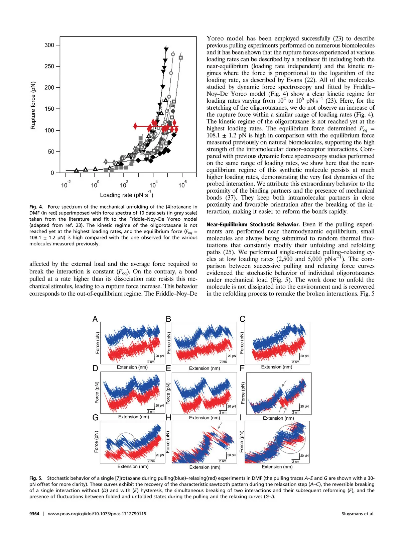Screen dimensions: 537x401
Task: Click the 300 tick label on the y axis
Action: click(x=49, y=45)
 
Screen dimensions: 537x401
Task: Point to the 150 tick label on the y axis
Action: click(x=49, y=109)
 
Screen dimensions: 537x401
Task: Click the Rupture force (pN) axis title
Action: click(x=33, y=106)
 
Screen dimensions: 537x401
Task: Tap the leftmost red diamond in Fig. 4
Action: click(x=135, y=126)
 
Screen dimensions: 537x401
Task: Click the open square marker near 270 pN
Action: click(x=181, y=58)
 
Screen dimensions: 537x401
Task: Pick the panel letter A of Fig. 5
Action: click(x=95, y=319)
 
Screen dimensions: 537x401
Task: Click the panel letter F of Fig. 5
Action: click(x=242, y=368)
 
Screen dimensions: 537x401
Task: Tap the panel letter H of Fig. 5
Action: click(x=168, y=418)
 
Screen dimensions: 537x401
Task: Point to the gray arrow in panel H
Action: click(x=220, y=425)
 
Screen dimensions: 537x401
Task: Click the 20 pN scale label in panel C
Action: click(x=304, y=356)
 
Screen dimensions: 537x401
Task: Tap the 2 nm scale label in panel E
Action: click(x=223, y=412)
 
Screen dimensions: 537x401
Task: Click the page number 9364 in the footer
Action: click(x=34, y=514)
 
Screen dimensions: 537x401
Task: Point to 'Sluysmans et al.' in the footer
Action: click(x=358, y=514)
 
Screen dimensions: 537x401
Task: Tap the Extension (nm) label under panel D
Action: click(x=134, y=417)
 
